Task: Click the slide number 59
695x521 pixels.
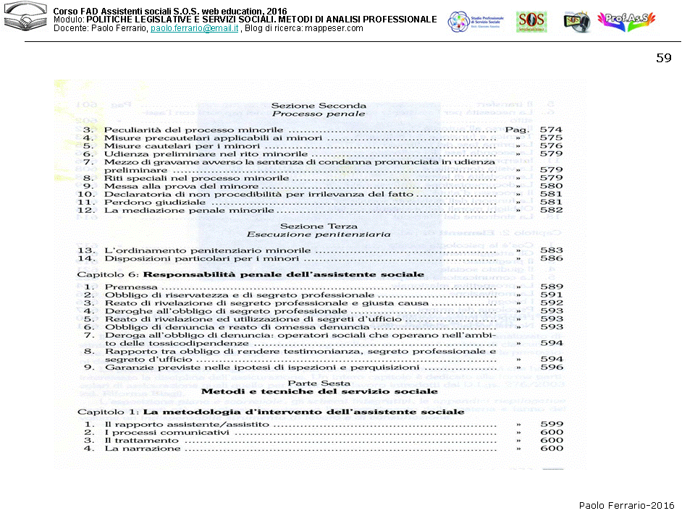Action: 664,58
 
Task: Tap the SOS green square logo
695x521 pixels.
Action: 531,22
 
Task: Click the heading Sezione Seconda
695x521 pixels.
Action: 319,106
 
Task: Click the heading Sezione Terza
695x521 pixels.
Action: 319,226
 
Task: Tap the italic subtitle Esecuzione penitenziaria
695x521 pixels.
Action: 319,235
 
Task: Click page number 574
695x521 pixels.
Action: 551,129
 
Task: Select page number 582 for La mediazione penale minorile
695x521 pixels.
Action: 551,210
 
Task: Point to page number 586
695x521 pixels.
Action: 551,258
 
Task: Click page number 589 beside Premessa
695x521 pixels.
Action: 551,287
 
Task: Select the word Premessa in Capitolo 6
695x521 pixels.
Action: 131,287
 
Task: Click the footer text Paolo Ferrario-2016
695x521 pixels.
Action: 626,505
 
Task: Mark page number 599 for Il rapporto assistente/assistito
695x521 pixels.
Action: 551,424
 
